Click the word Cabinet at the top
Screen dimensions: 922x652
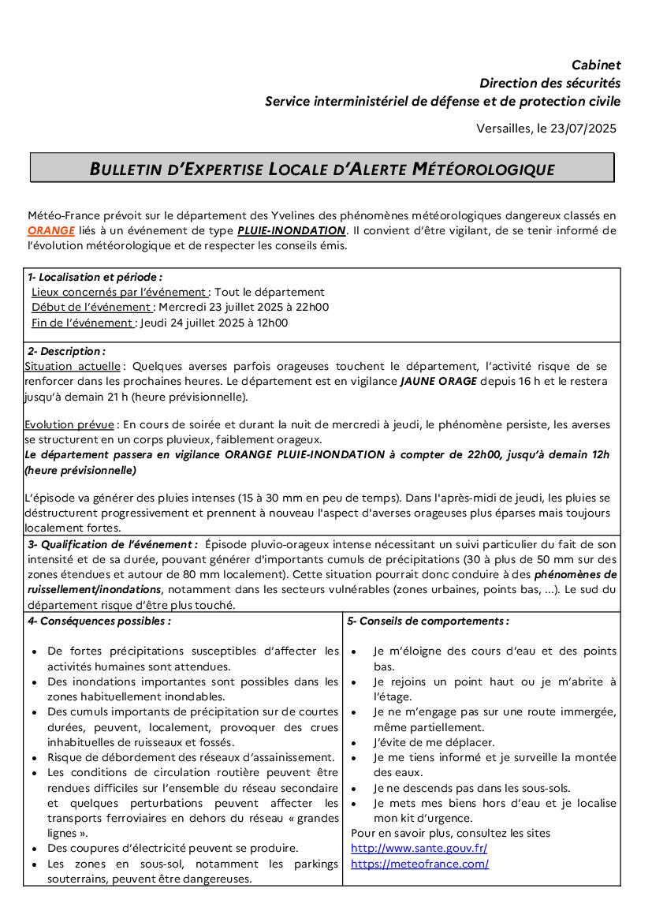pos(596,65)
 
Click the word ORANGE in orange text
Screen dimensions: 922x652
pos(51,231)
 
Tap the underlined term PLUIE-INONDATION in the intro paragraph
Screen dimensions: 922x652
pos(292,231)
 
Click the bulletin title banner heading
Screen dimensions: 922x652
pos(322,169)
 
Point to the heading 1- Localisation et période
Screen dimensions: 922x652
pos(95,278)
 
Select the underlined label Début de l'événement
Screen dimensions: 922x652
pos(91,308)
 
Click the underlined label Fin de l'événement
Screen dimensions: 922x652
pos(82,323)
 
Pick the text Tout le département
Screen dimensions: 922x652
pos(270,293)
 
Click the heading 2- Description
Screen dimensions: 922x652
pos(66,351)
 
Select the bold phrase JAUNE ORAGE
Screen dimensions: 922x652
pos(438,382)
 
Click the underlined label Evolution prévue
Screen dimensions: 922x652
pos(69,425)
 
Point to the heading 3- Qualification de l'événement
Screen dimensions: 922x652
pos(112,544)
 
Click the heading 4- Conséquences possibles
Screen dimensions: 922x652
pos(99,621)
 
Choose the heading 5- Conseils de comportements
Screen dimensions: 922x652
pos(427,621)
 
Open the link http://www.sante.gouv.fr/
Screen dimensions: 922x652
pos(419,849)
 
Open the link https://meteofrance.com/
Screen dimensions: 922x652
pos(419,864)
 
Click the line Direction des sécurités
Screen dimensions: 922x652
pos(550,83)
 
